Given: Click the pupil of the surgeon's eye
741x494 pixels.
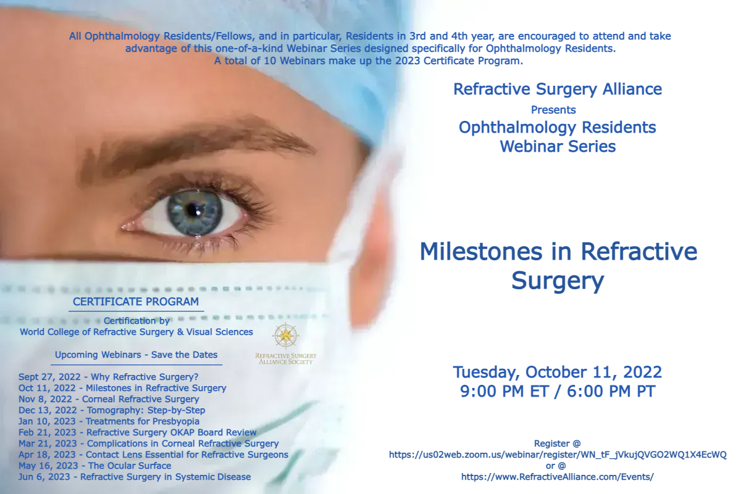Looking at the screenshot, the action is point(193,209).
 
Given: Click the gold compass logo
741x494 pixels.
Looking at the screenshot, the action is point(286,336).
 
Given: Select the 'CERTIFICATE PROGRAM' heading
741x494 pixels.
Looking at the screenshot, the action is point(136,302).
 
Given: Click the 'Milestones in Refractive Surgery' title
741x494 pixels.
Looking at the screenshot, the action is point(558,266).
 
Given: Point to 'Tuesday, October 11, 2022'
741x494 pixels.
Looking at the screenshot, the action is point(558,372).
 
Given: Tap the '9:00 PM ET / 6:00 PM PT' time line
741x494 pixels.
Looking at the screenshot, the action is point(558,391).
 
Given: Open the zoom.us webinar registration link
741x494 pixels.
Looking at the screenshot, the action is point(558,455).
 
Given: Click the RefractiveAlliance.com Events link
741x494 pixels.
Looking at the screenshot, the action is point(558,477).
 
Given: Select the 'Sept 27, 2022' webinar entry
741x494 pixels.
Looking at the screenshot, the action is point(108,377).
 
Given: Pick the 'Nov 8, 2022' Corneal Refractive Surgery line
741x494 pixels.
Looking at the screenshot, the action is point(109,399).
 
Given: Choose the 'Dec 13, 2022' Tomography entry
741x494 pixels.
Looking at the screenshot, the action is point(112,410).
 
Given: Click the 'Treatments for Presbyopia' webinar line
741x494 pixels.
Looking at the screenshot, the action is point(109,421).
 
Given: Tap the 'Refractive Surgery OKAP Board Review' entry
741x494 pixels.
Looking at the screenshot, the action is point(137,432).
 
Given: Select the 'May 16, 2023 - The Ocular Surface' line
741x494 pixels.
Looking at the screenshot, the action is point(95,466).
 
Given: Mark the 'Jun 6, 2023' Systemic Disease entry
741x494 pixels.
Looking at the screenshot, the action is point(135,477).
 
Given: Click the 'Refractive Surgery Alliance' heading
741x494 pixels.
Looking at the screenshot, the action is point(558,89).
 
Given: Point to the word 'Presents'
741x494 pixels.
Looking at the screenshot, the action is point(553,110).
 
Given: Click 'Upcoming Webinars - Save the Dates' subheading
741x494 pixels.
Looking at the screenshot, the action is point(136,355).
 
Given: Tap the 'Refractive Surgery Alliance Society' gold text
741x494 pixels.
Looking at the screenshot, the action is point(286,359).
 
